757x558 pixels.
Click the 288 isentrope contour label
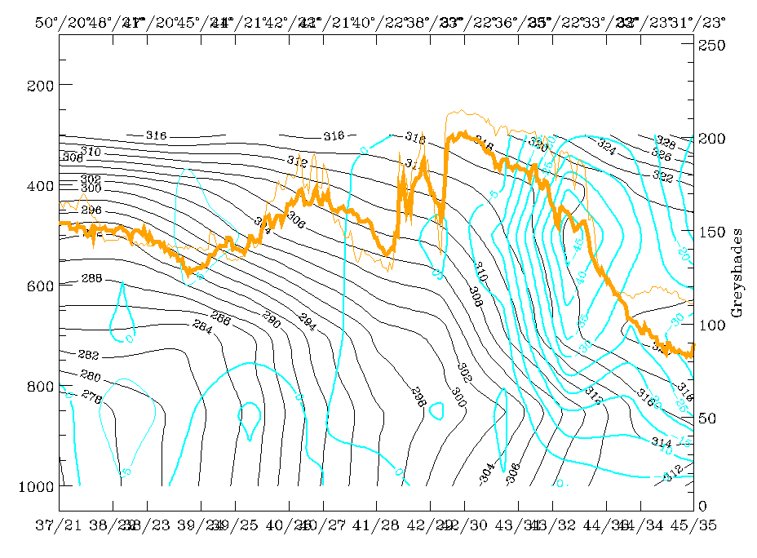coord(91,280)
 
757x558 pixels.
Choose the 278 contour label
coord(91,397)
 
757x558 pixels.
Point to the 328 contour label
coord(666,143)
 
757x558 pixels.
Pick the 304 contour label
coord(486,471)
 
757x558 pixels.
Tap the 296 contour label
coord(91,210)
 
